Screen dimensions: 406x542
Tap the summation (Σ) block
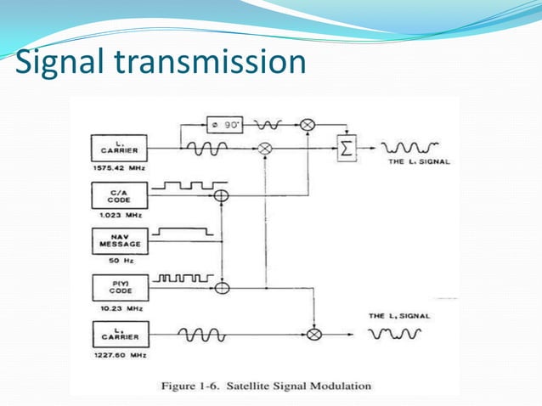click(346, 148)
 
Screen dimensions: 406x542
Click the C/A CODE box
click(118, 196)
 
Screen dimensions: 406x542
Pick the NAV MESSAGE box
click(118, 242)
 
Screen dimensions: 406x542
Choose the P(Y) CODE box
click(118, 286)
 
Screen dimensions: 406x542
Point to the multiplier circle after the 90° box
click(308, 126)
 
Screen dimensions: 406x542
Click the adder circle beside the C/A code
click(222, 196)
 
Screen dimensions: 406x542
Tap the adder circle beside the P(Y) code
click(222, 288)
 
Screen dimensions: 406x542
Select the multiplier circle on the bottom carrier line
click(314, 335)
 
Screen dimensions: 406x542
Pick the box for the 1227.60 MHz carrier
click(118, 334)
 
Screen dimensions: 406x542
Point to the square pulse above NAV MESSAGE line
click(182, 231)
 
